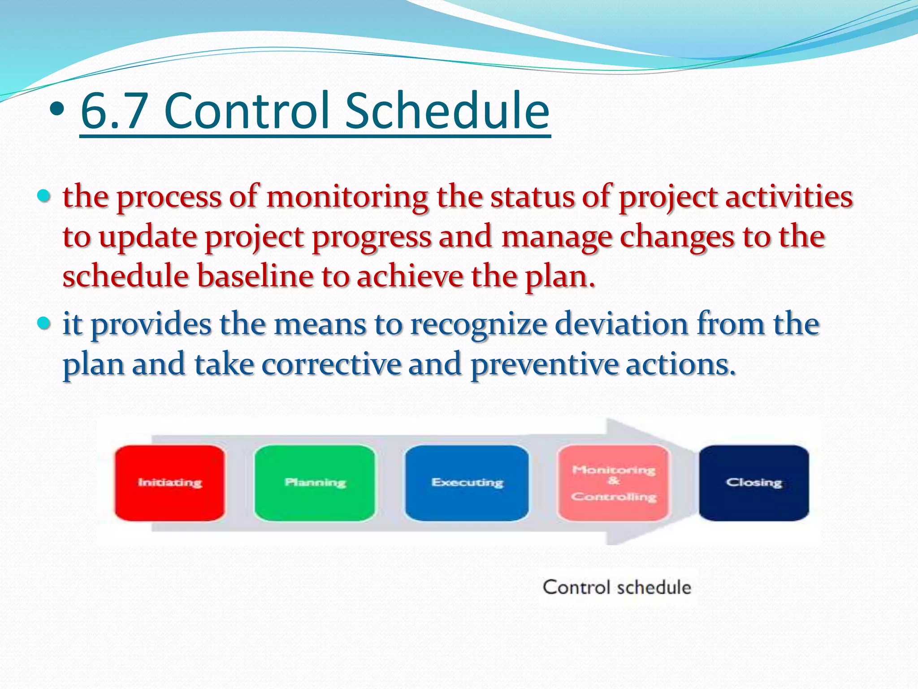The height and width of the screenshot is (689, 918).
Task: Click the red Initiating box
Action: click(x=169, y=483)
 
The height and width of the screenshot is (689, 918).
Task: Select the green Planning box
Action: click(x=315, y=483)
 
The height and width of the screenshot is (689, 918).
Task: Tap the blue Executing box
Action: click(x=467, y=483)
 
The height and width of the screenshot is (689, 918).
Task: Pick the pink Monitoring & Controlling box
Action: click(x=614, y=483)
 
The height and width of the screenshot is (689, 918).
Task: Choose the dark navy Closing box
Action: click(x=754, y=483)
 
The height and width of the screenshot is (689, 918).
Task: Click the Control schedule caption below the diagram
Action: click(x=617, y=587)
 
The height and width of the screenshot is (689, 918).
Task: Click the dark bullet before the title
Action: click(x=57, y=109)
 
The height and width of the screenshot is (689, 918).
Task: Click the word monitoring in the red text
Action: click(x=347, y=197)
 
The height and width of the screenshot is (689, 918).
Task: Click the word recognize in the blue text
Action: click(x=478, y=324)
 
